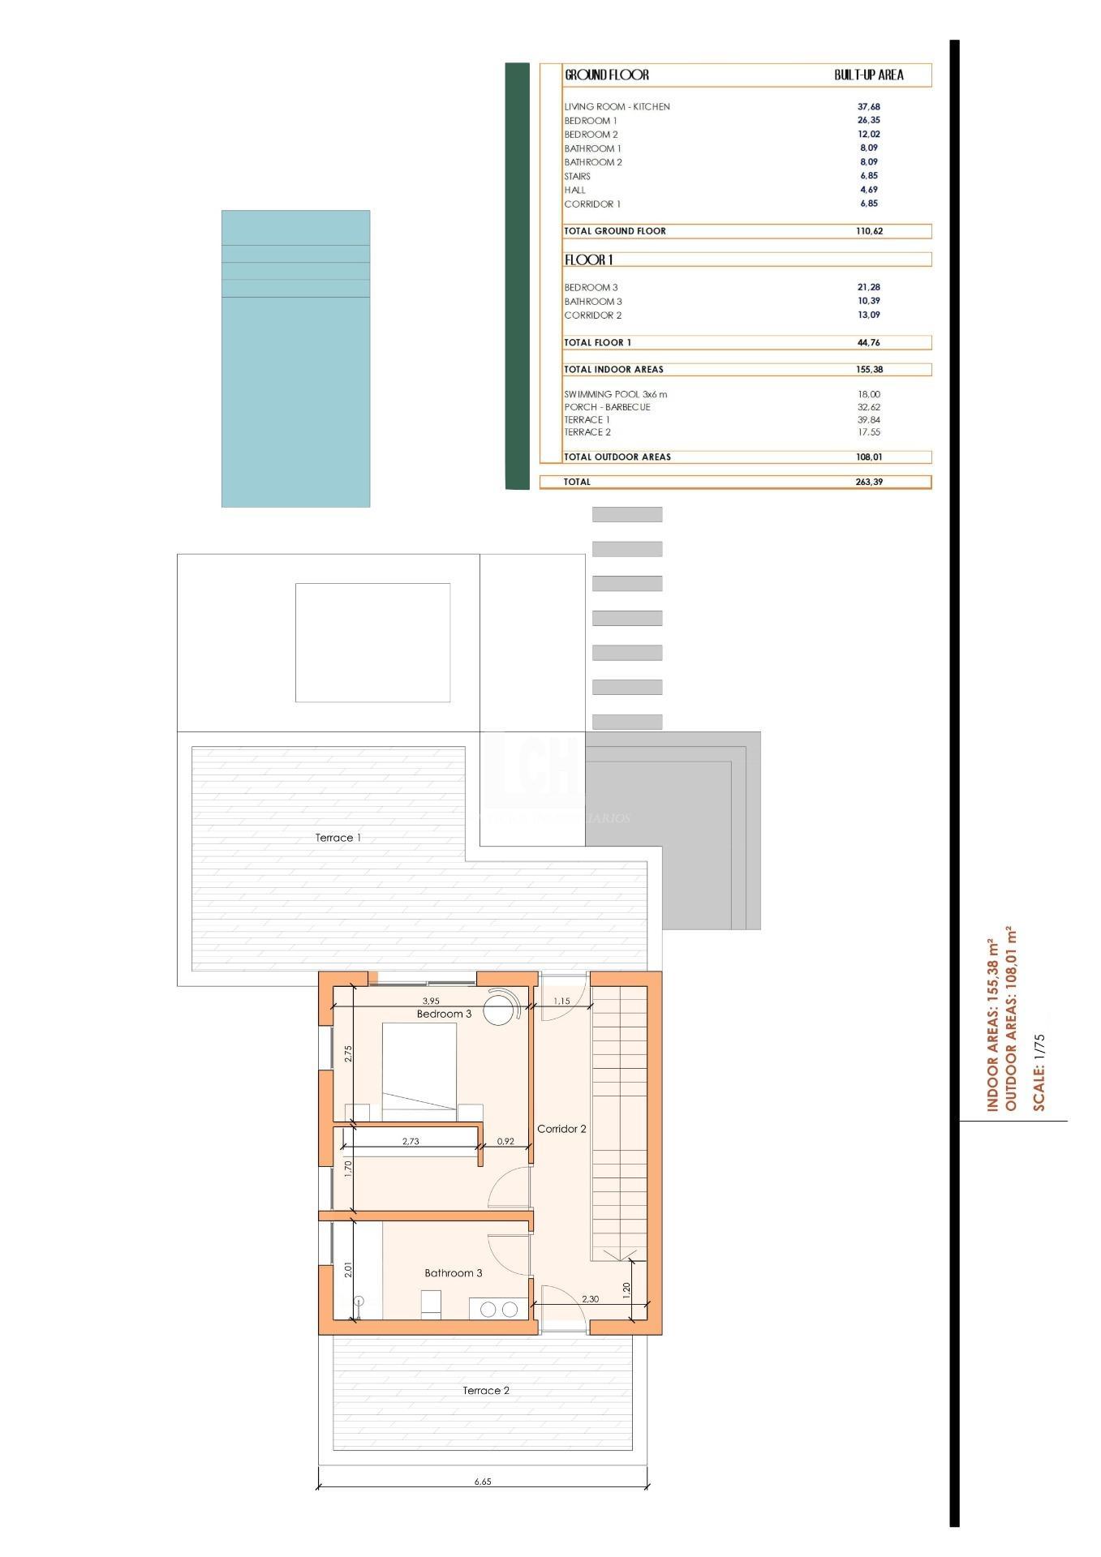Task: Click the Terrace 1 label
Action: pos(338,838)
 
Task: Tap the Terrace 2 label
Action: pos(486,1390)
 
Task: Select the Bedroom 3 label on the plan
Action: pos(444,1014)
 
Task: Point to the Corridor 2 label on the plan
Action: pos(561,1129)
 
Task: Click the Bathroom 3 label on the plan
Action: pos(453,1272)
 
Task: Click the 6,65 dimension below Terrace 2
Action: pos(483,1481)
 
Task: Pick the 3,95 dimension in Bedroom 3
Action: pos(431,1001)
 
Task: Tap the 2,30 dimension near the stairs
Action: pos(590,1298)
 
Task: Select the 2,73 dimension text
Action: pos(411,1141)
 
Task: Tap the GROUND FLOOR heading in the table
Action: pos(606,75)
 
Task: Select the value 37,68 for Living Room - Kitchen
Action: pos(868,106)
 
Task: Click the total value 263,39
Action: pos(868,482)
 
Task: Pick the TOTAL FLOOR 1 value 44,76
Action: pos(868,342)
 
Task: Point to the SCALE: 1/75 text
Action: pos(1039,1071)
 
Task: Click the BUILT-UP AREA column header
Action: pos(868,75)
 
